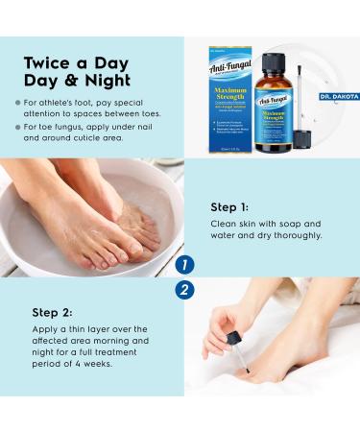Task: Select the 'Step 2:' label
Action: tap(53, 312)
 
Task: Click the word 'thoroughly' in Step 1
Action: tap(297, 235)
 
